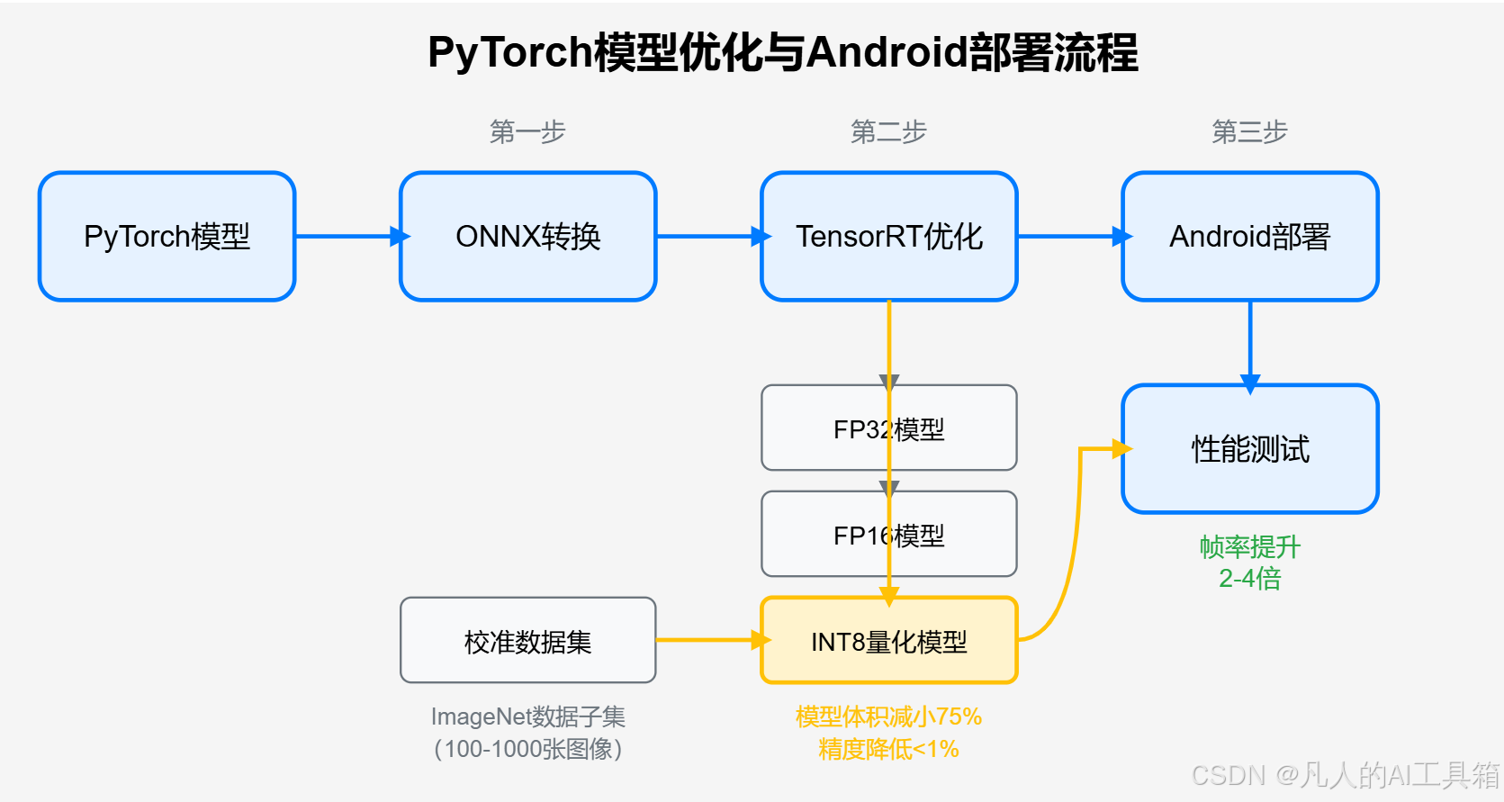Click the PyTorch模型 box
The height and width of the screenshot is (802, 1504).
[167, 237]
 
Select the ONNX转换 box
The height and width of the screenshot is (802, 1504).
[528, 237]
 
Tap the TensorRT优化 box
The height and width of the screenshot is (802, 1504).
[889, 237]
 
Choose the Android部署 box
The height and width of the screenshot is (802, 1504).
[1250, 237]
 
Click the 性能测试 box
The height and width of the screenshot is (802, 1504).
[1250, 449]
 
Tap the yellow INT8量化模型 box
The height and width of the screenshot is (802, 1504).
[889, 642]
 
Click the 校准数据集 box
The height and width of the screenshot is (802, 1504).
[528, 641]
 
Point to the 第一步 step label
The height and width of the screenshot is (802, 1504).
[528, 132]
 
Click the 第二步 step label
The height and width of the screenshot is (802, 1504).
[889, 132]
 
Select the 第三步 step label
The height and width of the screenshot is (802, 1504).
[1250, 132]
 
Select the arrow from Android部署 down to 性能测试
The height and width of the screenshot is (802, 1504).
[1250, 342]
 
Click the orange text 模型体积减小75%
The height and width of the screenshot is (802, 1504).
[889, 717]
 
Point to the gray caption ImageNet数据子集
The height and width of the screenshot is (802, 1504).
[528, 717]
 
